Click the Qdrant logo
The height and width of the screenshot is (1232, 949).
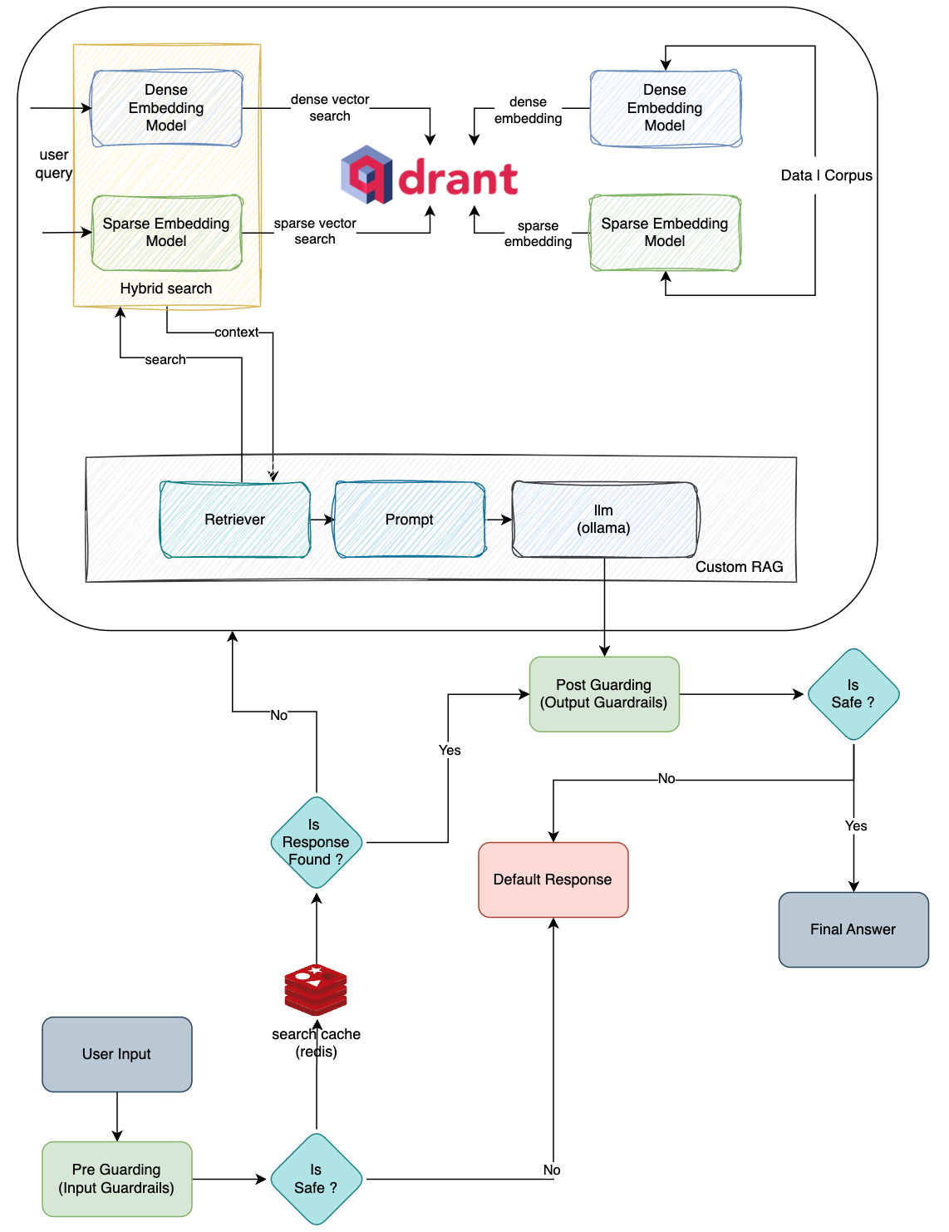pyautogui.click(x=429, y=176)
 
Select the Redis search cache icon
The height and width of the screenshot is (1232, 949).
pyautogui.click(x=316, y=989)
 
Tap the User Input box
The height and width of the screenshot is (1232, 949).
pyautogui.click(x=117, y=1054)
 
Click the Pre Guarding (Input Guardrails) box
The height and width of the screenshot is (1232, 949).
pyautogui.click(x=117, y=1179)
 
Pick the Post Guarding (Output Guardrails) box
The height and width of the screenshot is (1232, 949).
pyautogui.click(x=604, y=694)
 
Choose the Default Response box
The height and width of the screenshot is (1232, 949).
pyautogui.click(x=553, y=880)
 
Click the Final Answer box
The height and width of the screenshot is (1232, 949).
pyautogui.click(x=853, y=929)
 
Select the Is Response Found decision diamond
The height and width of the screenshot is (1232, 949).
pyautogui.click(x=317, y=842)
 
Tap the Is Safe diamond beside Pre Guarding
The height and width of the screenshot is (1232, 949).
pyautogui.click(x=317, y=1179)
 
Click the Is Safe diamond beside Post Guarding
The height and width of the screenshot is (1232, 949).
pyautogui.click(x=853, y=694)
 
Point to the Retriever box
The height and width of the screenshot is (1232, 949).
pyautogui.click(x=235, y=520)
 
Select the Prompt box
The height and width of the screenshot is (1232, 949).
pyautogui.click(x=409, y=520)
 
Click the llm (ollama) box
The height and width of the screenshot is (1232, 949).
pyautogui.click(x=604, y=520)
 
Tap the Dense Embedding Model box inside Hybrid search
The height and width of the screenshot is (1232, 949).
pyautogui.click(x=166, y=108)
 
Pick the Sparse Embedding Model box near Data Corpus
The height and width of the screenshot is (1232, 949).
pyautogui.click(x=665, y=233)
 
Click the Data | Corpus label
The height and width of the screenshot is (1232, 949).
pyautogui.click(x=826, y=175)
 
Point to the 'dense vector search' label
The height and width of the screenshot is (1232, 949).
pyautogui.click(x=330, y=108)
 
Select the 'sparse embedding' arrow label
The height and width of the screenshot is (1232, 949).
pyautogui.click(x=538, y=234)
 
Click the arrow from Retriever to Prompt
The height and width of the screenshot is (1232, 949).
pyautogui.click(x=322, y=520)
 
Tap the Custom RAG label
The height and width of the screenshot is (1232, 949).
pyautogui.click(x=739, y=567)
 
